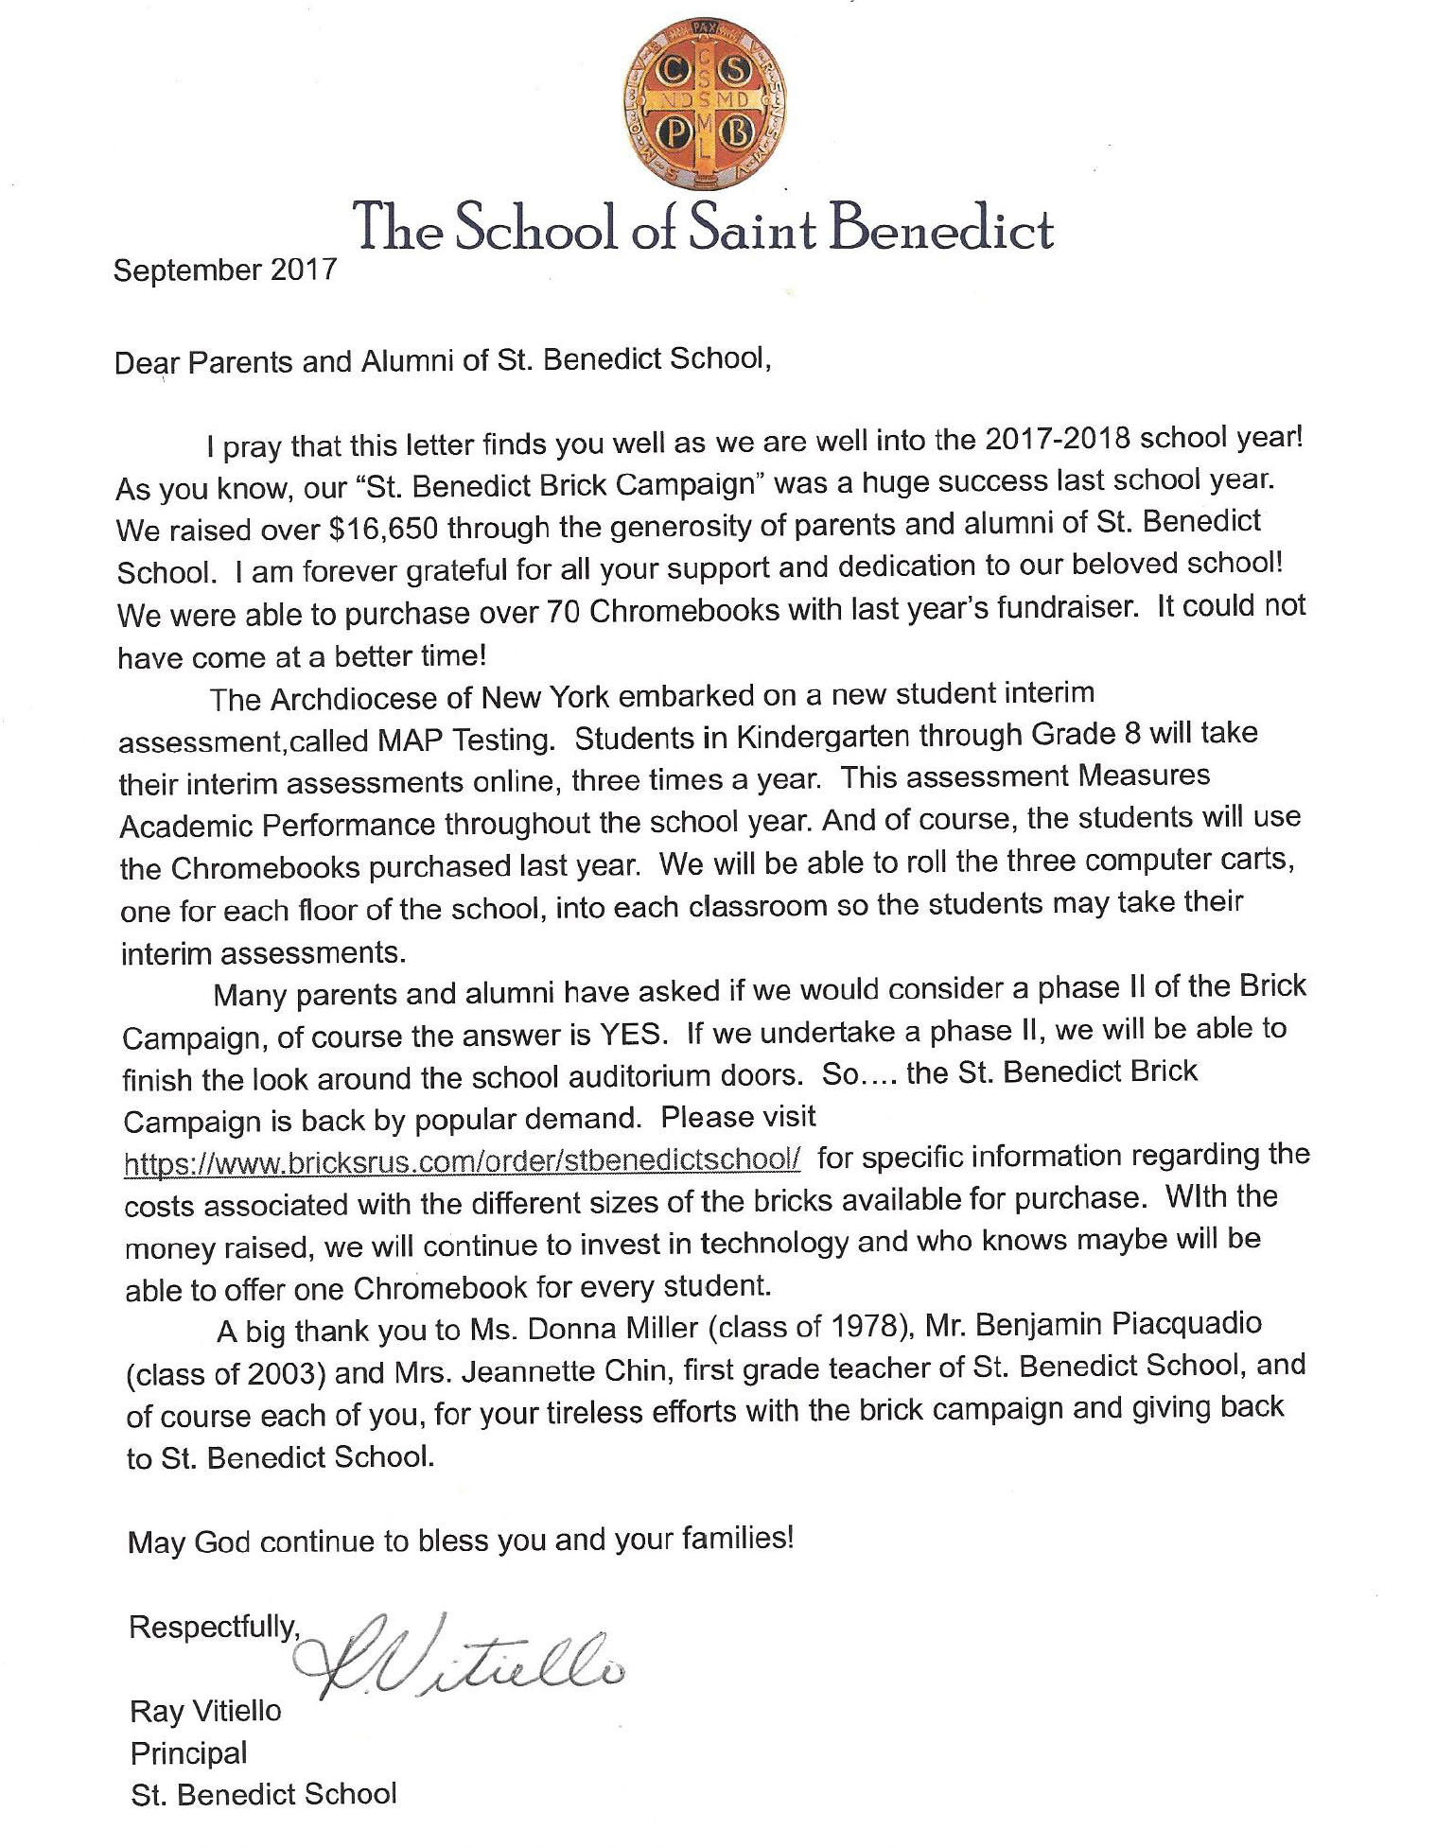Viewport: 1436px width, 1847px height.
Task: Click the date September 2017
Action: (224, 270)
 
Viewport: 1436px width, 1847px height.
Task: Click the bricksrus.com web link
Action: (463, 1160)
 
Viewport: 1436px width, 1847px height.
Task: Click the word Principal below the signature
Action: (188, 1753)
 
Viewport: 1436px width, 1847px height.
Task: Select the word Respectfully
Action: (214, 1627)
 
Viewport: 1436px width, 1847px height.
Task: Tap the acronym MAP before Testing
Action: (412, 740)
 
